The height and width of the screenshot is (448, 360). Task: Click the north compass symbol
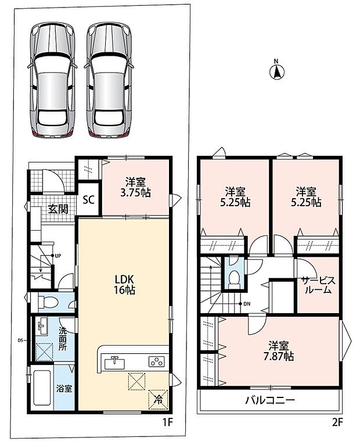click(276, 70)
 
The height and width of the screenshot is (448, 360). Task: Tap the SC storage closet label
click(88, 200)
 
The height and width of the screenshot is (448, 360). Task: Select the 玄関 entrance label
click(58, 209)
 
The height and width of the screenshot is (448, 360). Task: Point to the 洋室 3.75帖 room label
click(135, 188)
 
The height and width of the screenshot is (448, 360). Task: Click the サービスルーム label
click(319, 285)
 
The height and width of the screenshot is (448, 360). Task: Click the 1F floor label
click(168, 422)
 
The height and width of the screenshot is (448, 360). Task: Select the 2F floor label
click(337, 422)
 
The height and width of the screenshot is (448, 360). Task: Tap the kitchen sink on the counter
click(114, 363)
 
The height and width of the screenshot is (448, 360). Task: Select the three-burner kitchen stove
click(156, 362)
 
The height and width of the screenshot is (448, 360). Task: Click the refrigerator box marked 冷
click(158, 400)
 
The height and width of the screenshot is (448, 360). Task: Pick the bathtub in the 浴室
click(42, 388)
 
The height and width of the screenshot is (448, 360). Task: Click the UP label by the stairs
click(57, 256)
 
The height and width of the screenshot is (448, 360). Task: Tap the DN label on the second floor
click(247, 304)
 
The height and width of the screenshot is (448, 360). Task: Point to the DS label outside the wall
click(20, 341)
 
